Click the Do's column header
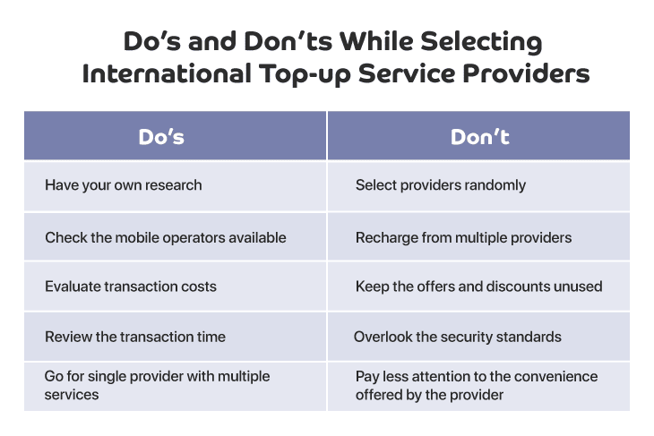(x=176, y=135)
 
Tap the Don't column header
(x=478, y=135)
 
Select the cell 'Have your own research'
(x=176, y=186)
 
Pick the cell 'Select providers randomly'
(x=478, y=186)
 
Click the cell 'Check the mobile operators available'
(x=176, y=236)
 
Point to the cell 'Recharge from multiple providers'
(x=478, y=236)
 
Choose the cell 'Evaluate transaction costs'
(x=176, y=286)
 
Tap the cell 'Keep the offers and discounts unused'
(x=478, y=286)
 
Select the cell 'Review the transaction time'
(x=176, y=337)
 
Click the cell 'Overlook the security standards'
(x=478, y=337)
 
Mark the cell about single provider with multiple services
(x=176, y=387)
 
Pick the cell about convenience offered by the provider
(x=478, y=387)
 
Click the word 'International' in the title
(x=167, y=73)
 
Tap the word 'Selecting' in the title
(x=481, y=42)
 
